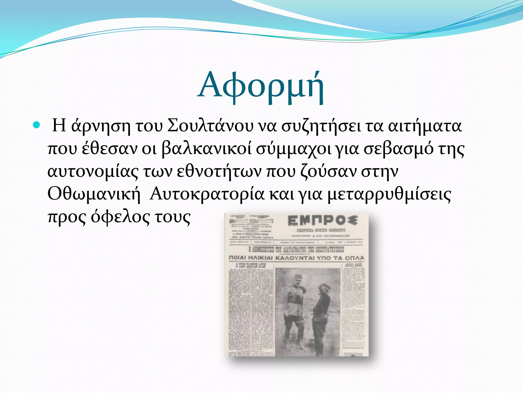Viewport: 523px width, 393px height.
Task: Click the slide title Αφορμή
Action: pos(261,87)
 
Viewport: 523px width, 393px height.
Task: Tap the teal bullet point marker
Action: pos(37,125)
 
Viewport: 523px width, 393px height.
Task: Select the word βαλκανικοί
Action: pos(207,149)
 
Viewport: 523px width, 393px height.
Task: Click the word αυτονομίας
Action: pos(93,172)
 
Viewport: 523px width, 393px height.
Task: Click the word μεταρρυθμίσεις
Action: pos(389,194)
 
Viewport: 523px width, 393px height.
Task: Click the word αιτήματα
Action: pos(425,126)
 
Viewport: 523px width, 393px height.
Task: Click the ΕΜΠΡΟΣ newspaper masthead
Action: pos(322,221)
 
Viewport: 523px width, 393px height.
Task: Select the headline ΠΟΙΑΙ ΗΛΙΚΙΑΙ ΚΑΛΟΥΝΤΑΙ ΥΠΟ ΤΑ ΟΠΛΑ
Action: pos(296,258)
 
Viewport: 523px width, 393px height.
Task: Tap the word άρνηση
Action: pos(101,126)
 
